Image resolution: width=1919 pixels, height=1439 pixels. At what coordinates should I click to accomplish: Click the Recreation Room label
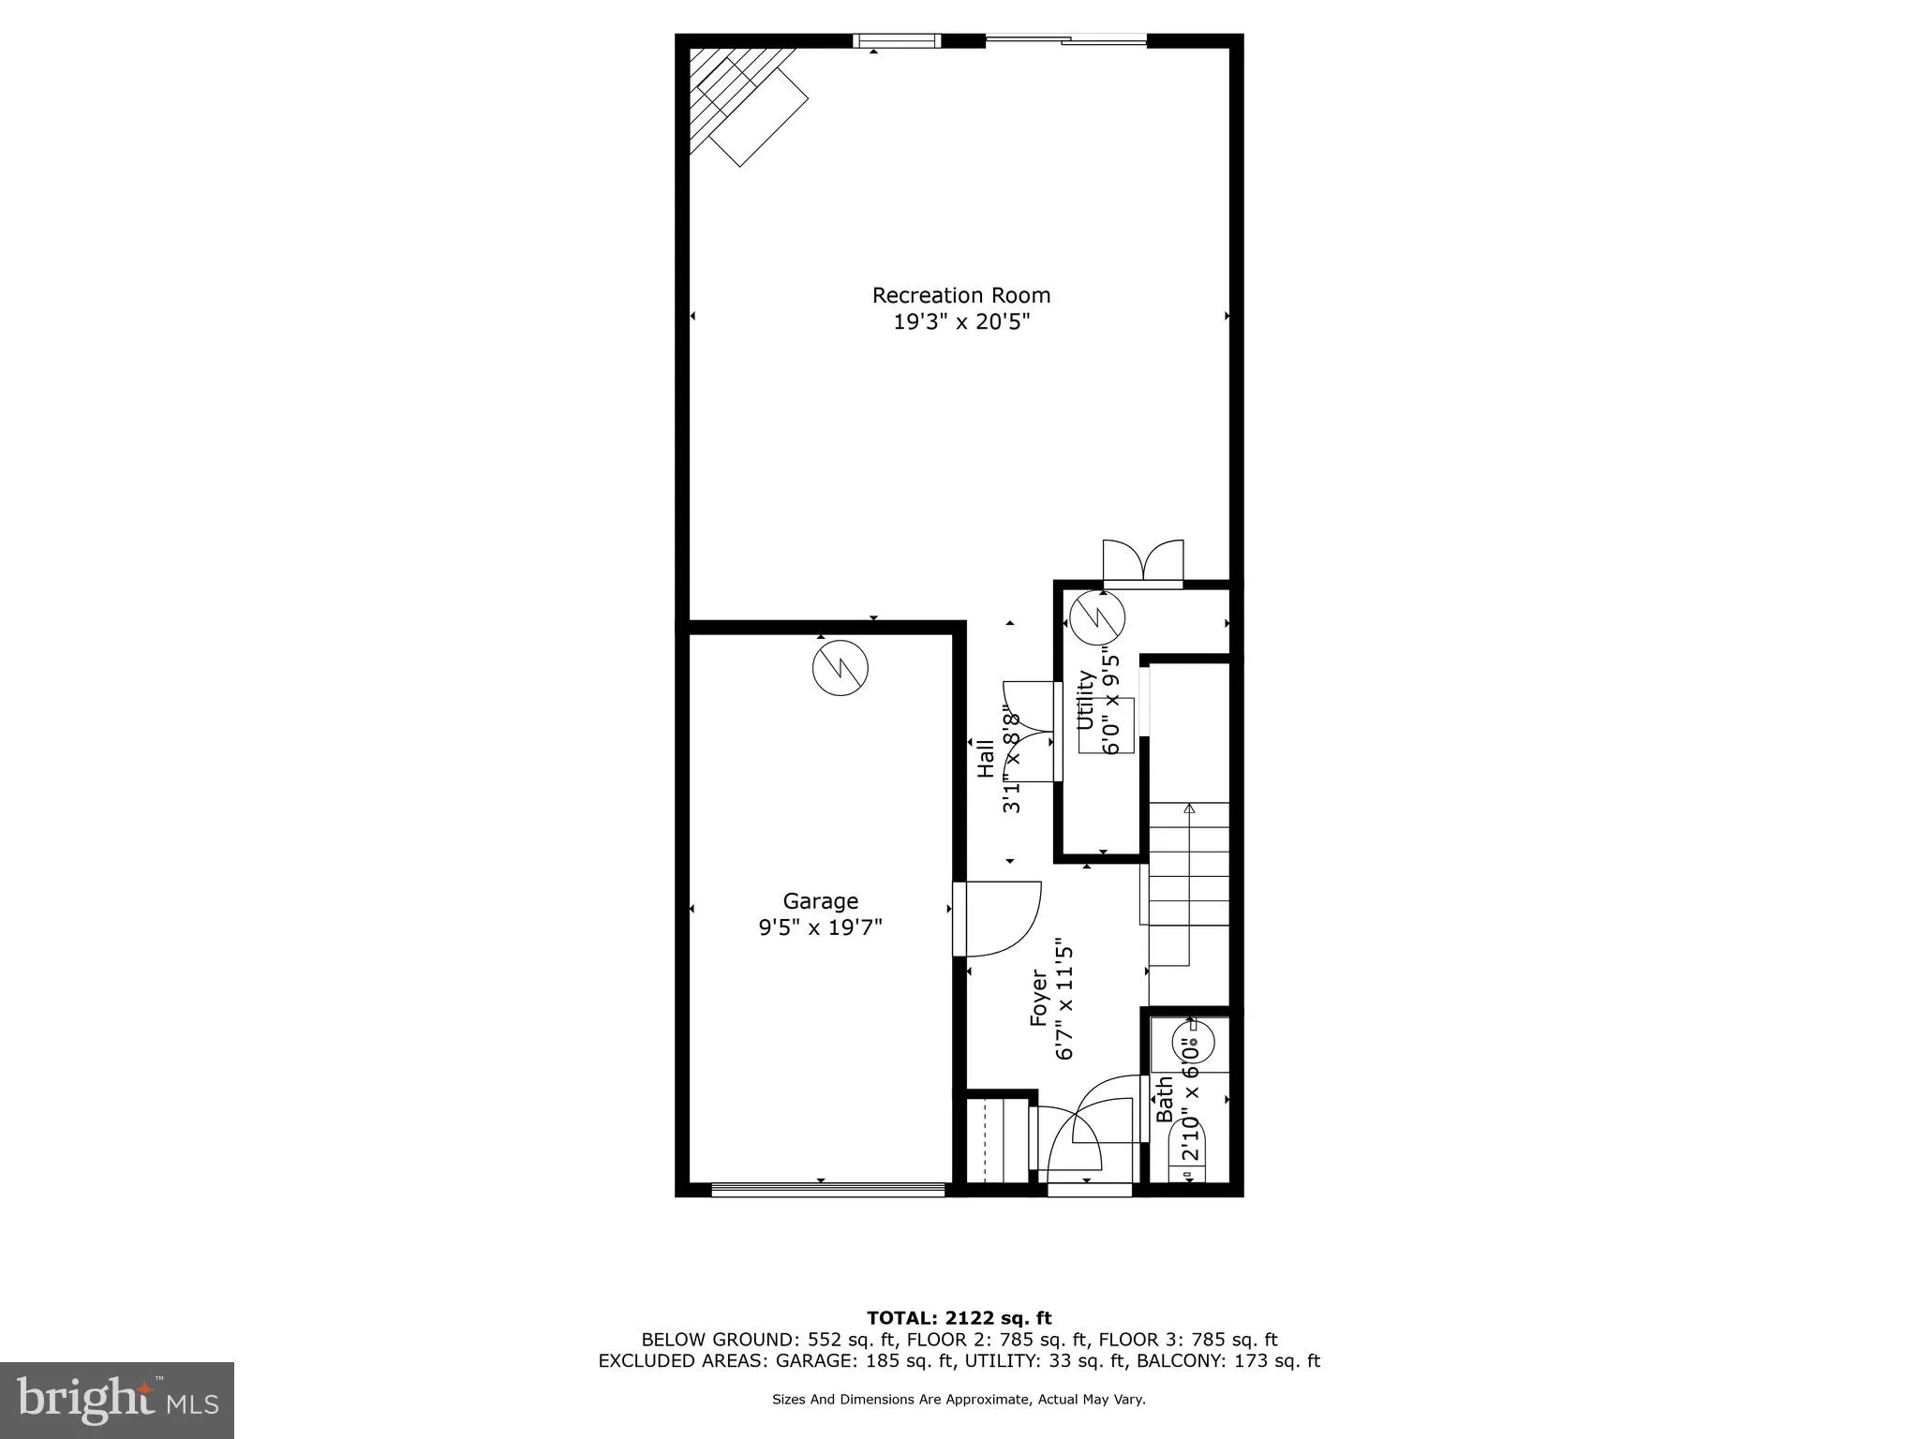click(x=960, y=295)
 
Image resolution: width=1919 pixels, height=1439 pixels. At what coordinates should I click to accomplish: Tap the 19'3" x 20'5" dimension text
click(x=960, y=322)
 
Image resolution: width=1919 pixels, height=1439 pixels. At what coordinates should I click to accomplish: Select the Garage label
click(x=820, y=900)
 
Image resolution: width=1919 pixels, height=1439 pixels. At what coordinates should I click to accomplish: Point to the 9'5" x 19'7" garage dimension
click(x=820, y=927)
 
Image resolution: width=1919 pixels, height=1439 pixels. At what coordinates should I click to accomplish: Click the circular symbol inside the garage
click(x=840, y=667)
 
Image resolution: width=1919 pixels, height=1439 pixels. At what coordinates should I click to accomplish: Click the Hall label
click(x=986, y=759)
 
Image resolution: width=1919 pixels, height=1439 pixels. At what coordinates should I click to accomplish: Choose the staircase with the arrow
click(x=1188, y=881)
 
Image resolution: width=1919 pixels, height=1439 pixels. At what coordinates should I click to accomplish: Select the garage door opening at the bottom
click(x=827, y=1190)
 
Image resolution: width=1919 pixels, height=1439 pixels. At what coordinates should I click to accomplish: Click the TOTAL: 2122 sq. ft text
click(x=959, y=1318)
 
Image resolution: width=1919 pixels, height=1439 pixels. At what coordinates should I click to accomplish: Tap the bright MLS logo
click(x=117, y=1400)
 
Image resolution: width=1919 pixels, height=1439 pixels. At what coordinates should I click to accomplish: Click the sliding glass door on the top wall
click(x=1065, y=39)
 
